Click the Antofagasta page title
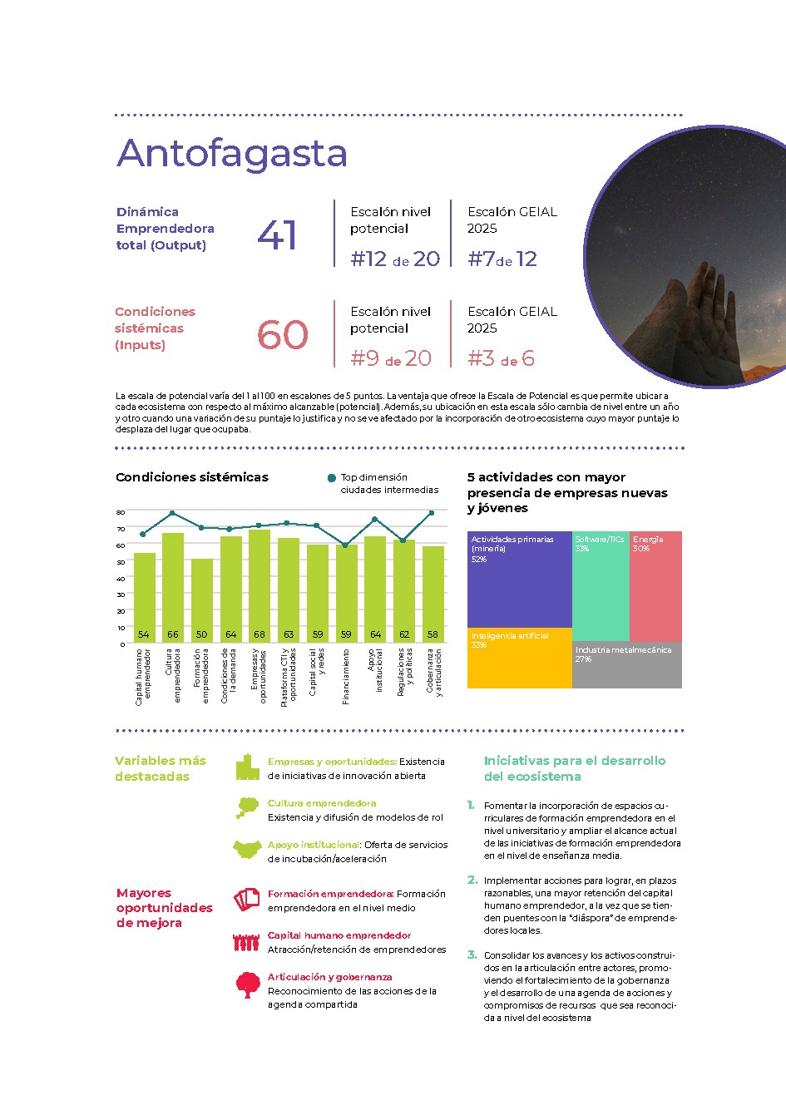pyautogui.click(x=232, y=153)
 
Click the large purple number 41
pyautogui.click(x=277, y=235)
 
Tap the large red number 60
pyautogui.click(x=283, y=335)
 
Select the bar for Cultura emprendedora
pyautogui.click(x=172, y=587)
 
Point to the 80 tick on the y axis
pyautogui.click(x=121, y=512)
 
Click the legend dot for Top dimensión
pyautogui.click(x=332, y=478)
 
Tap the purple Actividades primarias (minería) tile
pyautogui.click(x=519, y=580)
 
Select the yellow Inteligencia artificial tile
pyautogui.click(x=519, y=658)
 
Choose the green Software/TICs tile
pyautogui.click(x=600, y=586)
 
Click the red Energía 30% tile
pyautogui.click(x=655, y=586)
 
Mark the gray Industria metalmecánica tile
pyautogui.click(x=627, y=665)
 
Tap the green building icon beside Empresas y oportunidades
pyautogui.click(x=247, y=767)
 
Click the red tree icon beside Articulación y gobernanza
pyautogui.click(x=248, y=984)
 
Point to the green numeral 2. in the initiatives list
pyautogui.click(x=472, y=880)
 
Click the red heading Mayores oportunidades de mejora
pyautogui.click(x=164, y=908)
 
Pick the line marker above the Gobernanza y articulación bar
pyautogui.click(x=432, y=513)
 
